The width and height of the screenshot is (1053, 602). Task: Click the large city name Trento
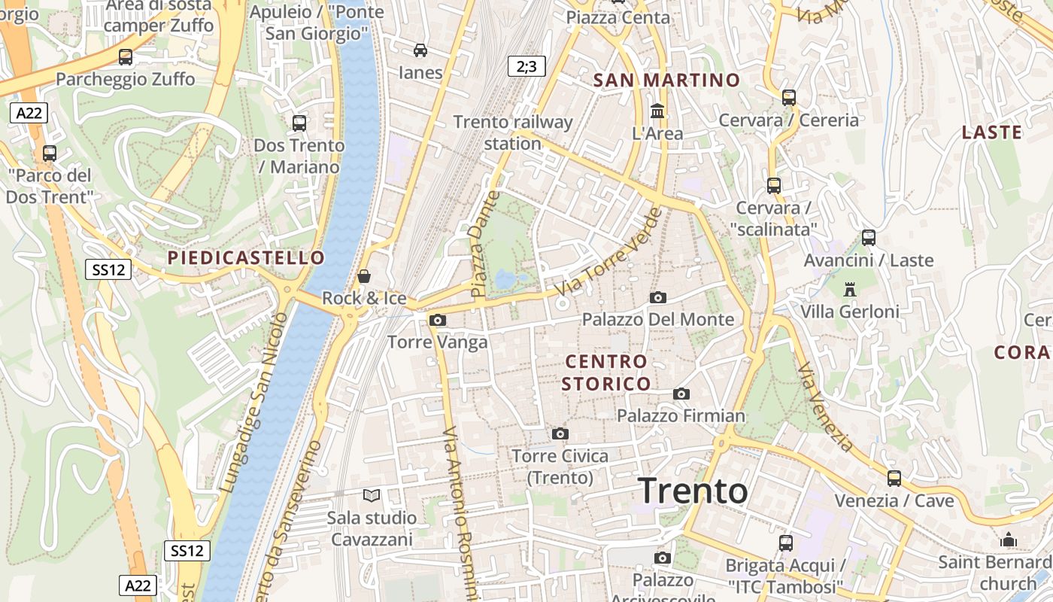tap(693, 491)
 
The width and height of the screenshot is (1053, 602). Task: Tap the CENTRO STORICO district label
tap(606, 372)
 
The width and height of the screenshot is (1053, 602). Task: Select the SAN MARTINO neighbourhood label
tap(666, 80)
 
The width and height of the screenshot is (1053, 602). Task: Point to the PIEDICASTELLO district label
tap(246, 258)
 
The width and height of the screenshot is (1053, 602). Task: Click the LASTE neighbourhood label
tap(992, 132)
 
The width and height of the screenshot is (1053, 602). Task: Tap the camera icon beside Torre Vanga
tap(437, 321)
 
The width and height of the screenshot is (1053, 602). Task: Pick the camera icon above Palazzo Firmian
tap(681, 394)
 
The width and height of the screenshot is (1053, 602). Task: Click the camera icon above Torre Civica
tap(560, 433)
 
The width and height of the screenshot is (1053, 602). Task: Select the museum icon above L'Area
tap(658, 111)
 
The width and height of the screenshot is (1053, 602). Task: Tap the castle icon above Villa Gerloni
tap(850, 289)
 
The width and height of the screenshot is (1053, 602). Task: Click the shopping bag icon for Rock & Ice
tap(364, 276)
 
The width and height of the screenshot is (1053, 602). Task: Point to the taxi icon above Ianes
tap(420, 50)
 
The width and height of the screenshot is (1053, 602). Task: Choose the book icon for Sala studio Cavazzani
tap(372, 495)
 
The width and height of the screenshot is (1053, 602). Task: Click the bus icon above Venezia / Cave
tap(894, 478)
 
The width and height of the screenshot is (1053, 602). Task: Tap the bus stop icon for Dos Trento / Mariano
tap(299, 123)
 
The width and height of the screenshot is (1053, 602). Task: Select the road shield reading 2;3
tap(526, 66)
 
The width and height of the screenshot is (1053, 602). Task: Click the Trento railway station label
tap(513, 132)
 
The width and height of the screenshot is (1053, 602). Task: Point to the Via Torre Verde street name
tap(609, 251)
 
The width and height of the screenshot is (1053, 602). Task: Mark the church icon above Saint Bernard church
tap(1009, 540)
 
